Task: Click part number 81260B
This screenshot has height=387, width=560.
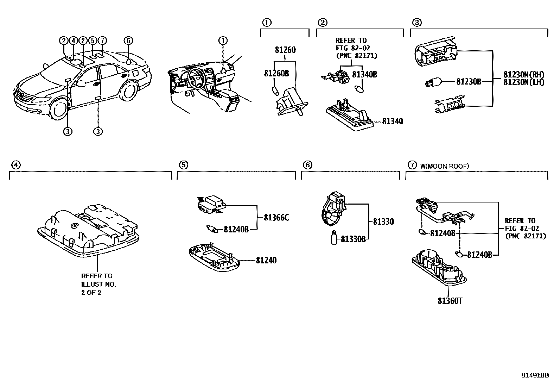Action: click(x=276, y=73)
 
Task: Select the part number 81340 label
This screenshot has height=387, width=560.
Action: click(x=392, y=121)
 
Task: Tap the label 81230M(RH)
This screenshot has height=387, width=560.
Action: click(x=524, y=75)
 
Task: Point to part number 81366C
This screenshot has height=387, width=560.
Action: click(x=276, y=218)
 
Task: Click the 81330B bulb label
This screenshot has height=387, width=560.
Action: click(x=353, y=239)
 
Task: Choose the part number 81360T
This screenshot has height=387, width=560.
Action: click(x=450, y=301)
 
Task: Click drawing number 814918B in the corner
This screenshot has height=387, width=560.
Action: click(x=535, y=375)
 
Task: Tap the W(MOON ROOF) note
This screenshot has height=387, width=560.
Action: click(x=444, y=166)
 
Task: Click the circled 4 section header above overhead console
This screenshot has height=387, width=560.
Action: click(x=15, y=164)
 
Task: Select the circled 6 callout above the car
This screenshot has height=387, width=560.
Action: click(x=128, y=40)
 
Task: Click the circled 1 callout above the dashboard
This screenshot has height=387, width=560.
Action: click(x=223, y=40)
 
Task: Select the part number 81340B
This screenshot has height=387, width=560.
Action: click(x=364, y=75)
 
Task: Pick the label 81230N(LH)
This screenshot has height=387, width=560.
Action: click(x=524, y=82)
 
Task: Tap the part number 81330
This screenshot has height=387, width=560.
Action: click(x=383, y=222)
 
